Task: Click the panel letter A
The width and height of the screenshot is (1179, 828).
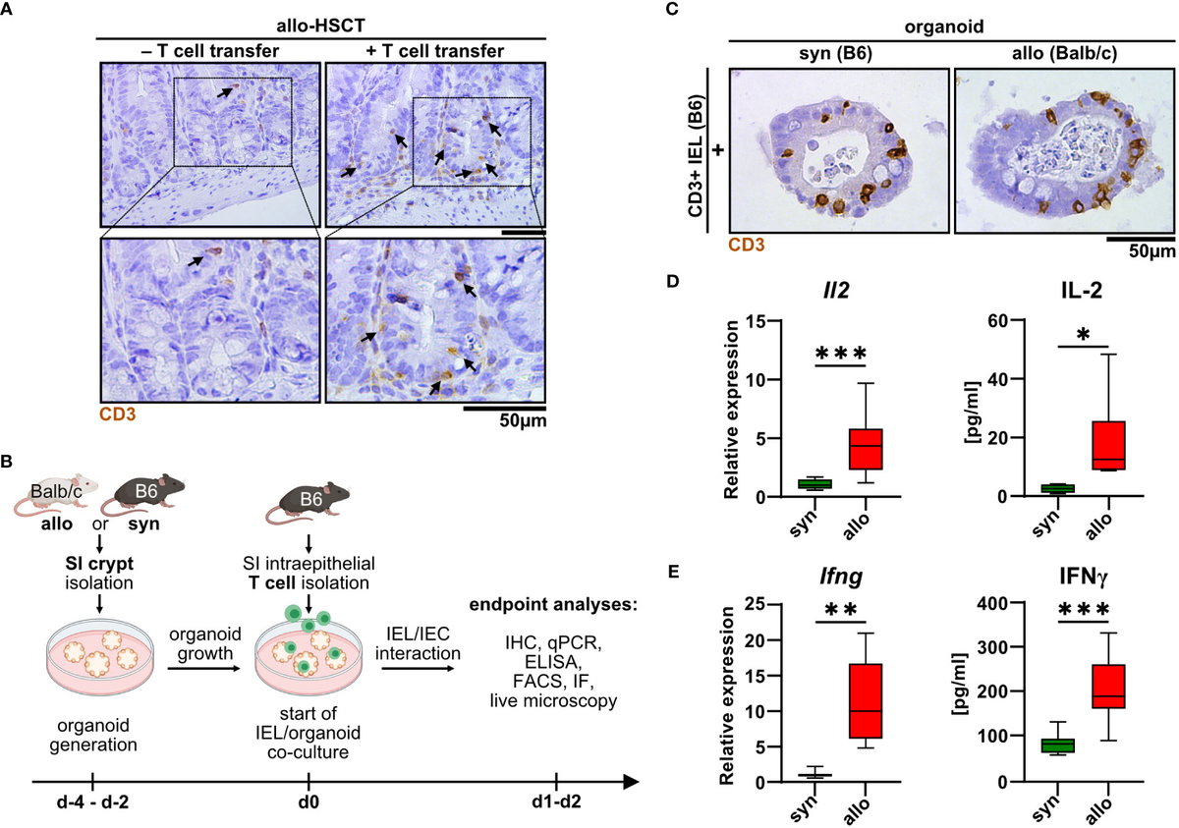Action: pos(10,12)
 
